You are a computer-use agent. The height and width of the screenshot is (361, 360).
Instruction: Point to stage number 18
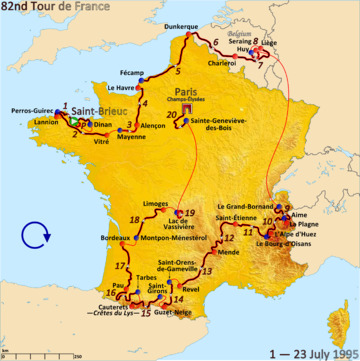134,247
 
